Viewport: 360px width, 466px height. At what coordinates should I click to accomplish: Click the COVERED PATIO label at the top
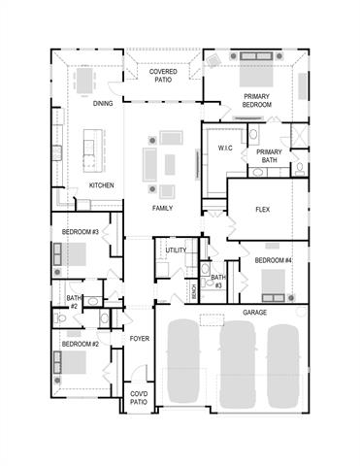coord(163,76)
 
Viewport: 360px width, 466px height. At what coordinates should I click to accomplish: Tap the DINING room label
coord(104,104)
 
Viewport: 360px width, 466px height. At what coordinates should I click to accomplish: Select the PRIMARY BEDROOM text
coord(257,99)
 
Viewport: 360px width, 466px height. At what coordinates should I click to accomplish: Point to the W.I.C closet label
coord(225,149)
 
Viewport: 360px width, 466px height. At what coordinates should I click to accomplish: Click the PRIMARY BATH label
coord(269,156)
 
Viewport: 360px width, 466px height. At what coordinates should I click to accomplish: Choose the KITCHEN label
coord(103,184)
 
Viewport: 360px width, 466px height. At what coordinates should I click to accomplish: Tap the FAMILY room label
coord(162,208)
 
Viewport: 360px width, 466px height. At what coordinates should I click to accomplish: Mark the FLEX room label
coord(262,210)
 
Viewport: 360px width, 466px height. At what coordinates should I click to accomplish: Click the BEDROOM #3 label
coord(81,233)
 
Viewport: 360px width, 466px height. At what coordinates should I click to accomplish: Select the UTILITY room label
coord(176,250)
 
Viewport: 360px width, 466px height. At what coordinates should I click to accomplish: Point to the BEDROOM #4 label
coord(273,260)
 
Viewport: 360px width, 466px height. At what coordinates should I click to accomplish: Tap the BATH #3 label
coord(217,282)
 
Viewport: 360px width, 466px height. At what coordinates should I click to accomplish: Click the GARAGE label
coord(255,313)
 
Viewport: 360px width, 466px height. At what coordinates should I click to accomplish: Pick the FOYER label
coord(140,338)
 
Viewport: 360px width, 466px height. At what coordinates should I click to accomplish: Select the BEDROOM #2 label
coord(80,344)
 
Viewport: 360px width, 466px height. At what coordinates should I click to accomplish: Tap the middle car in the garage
coord(236,362)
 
